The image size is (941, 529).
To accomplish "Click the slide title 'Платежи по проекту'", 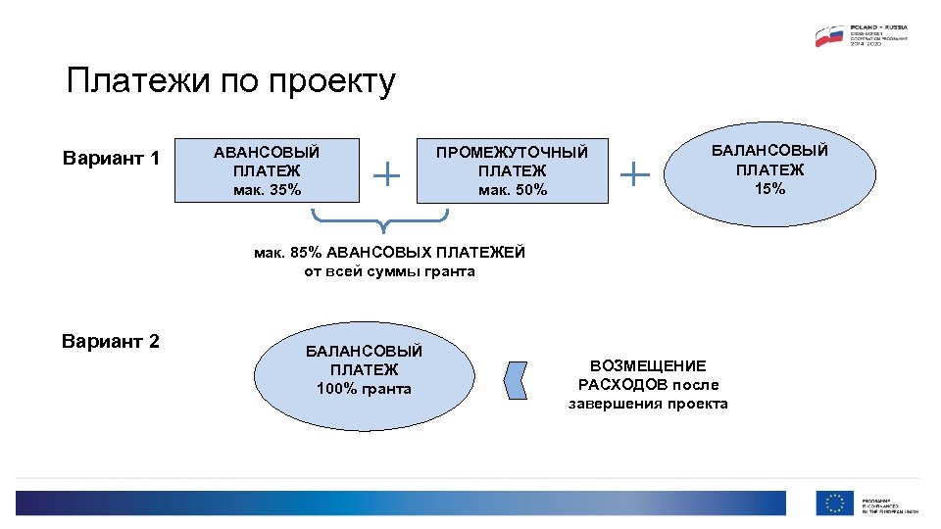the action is click(x=230, y=81).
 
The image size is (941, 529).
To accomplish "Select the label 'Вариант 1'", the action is click(x=111, y=158).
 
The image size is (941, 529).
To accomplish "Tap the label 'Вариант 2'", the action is click(x=110, y=341).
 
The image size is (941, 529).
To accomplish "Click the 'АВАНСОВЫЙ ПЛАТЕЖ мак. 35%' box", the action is click(x=267, y=169).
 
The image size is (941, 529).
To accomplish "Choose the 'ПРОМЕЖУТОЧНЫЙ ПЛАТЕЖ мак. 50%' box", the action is click(x=512, y=169).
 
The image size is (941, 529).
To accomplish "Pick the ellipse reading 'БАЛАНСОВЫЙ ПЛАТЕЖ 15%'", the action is click(x=769, y=168).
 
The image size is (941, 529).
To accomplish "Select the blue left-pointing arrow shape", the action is click(x=517, y=379).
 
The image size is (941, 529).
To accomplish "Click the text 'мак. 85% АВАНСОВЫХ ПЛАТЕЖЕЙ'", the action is click(x=389, y=253).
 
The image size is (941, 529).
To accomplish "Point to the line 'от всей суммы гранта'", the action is click(x=389, y=271).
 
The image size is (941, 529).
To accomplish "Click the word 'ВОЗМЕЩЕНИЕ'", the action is click(x=648, y=365).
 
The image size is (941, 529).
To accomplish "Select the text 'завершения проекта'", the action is click(x=648, y=404).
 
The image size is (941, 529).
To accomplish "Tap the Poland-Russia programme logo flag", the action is click(x=830, y=36).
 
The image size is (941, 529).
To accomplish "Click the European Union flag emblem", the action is click(x=835, y=503).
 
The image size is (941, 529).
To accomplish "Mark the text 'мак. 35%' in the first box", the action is click(x=267, y=189).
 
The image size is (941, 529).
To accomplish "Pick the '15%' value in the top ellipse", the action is click(x=769, y=188).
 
